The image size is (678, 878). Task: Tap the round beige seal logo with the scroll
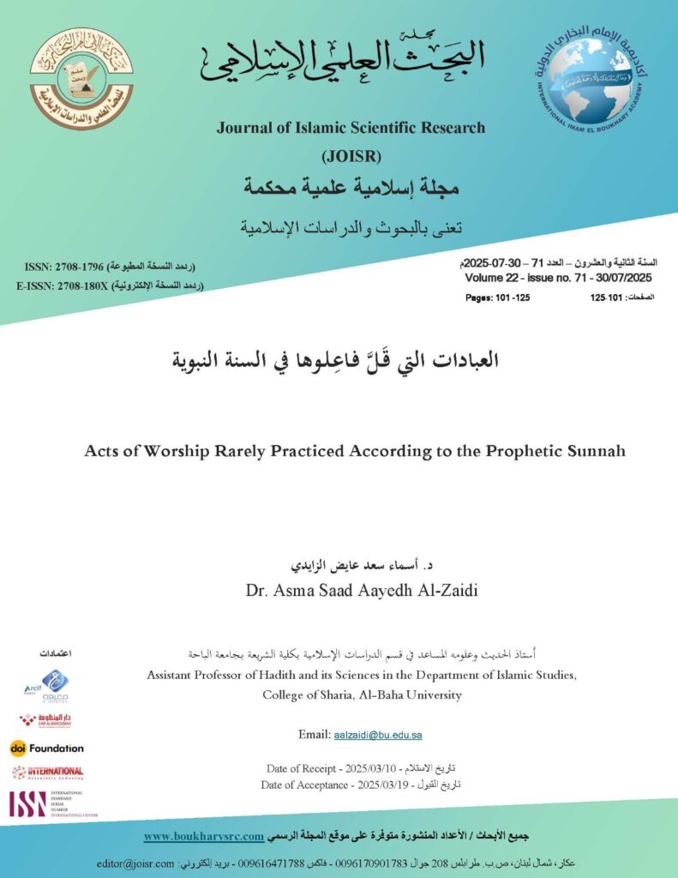click(81, 79)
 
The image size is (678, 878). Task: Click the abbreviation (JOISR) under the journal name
click(350, 156)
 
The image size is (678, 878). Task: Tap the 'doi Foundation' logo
click(47, 748)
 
